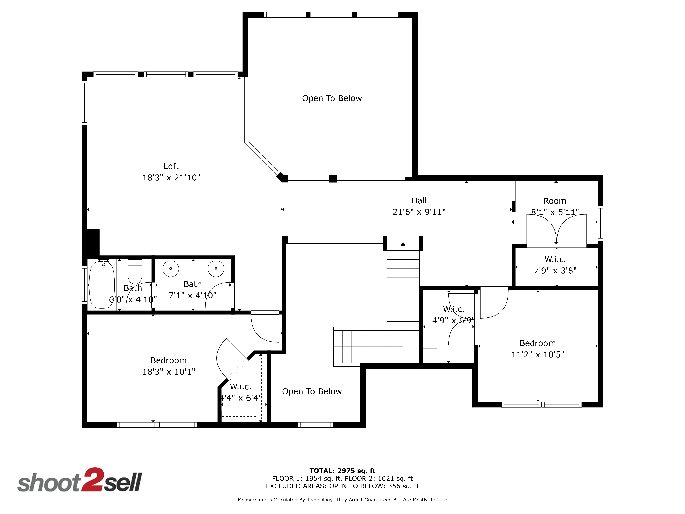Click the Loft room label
(171, 166)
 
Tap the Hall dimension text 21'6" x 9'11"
(419, 212)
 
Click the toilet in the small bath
(135, 271)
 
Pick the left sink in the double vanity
(171, 268)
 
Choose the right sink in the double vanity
(216, 268)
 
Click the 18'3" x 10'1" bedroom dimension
(169, 372)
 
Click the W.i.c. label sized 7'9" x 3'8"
(555, 259)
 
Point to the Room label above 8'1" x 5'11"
(555, 201)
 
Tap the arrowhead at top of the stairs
(403, 244)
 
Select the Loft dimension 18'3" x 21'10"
(171, 178)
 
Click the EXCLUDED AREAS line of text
(342, 486)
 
